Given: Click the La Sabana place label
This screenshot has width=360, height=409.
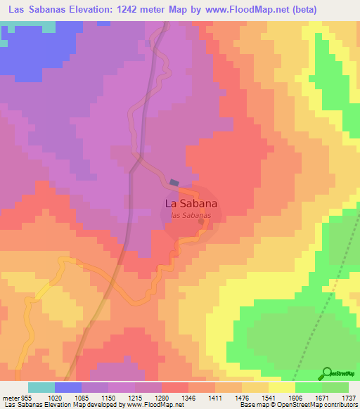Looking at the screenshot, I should pyautogui.click(x=191, y=203).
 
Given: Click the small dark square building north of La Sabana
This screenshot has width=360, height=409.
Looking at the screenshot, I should pyautogui.click(x=174, y=182).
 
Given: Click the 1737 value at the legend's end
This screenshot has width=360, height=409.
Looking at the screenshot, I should pyautogui.click(x=347, y=396).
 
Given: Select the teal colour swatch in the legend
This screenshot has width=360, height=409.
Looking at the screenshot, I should pyautogui.click(x=41, y=387).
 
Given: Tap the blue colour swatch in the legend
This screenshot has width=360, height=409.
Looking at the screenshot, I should pyautogui.click(x=68, y=387).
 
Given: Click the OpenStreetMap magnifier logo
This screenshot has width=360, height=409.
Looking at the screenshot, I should pyautogui.click(x=326, y=372).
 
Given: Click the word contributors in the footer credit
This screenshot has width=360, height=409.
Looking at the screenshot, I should pyautogui.click(x=341, y=405).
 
